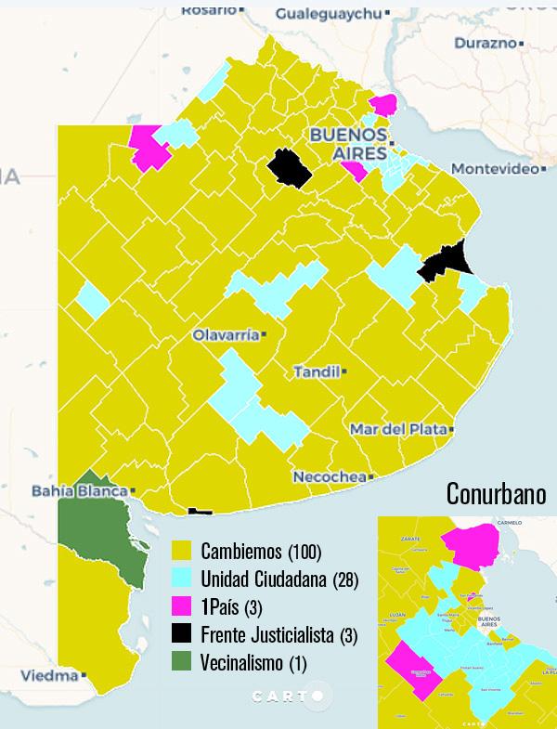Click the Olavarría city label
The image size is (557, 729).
pos(226,335)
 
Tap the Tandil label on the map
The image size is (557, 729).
pos(317,371)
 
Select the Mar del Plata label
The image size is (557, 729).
pos(398,429)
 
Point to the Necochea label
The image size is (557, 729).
pos(330,477)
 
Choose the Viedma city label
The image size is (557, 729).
pos(49,676)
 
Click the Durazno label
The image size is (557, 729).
pos(486,43)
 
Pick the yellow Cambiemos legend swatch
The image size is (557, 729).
pos(183,553)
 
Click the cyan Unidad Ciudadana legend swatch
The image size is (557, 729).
pos(183,581)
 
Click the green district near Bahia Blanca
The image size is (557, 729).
pos(97,539)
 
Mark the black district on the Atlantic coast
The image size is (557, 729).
pos(445,261)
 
